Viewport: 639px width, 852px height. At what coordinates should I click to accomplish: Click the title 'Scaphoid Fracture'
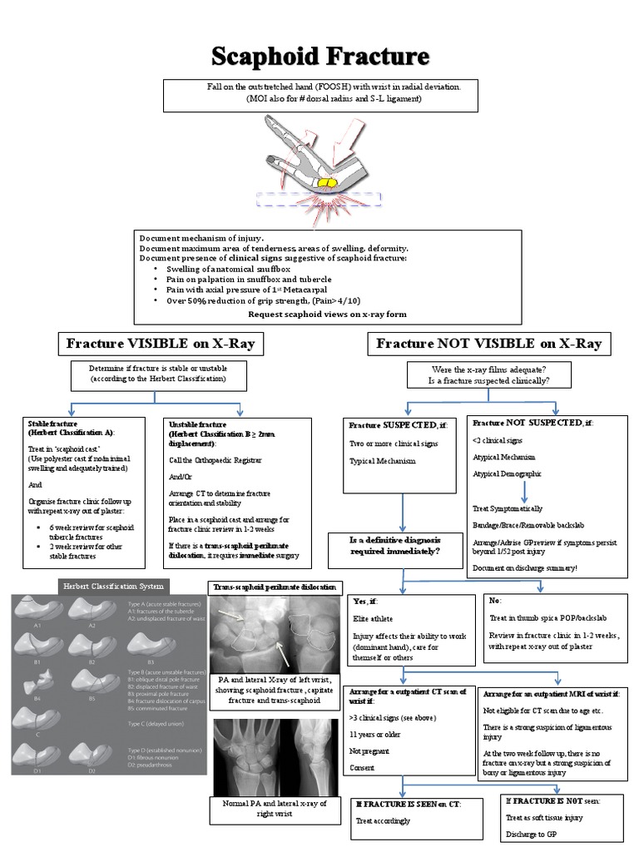tap(320, 57)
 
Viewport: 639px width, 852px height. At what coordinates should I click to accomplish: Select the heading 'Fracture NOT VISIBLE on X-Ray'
tap(488, 343)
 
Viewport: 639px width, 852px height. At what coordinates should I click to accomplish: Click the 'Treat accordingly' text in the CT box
tap(383, 820)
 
